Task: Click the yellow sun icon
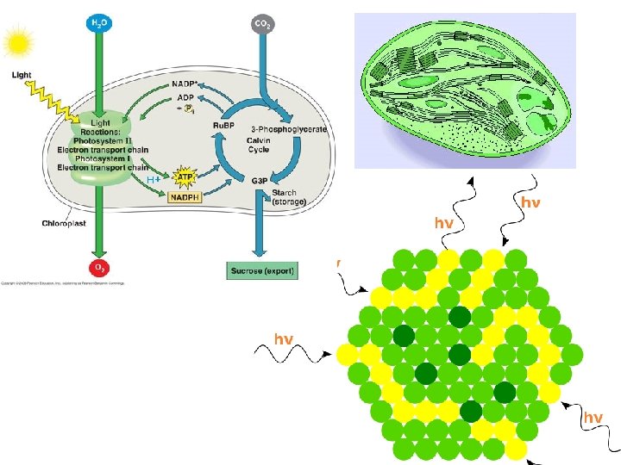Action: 18,40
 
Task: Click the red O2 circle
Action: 101,268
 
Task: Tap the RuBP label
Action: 224,126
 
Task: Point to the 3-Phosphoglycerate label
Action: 293,129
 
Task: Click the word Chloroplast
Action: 63,224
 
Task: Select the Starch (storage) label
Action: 289,197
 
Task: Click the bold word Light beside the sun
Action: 22,75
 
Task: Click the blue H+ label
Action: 154,180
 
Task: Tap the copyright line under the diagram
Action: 62,282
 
